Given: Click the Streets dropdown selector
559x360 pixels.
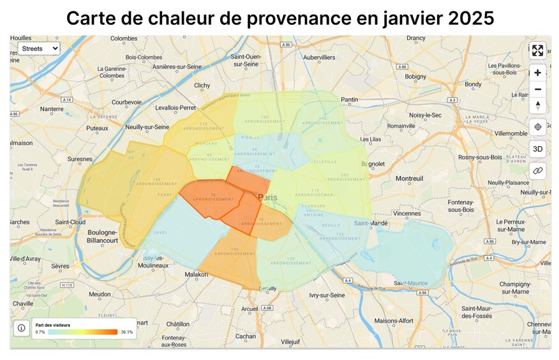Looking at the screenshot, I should [x=38, y=48].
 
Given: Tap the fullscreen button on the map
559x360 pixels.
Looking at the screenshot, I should [x=537, y=50].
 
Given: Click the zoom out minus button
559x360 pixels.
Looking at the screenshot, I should [x=537, y=89].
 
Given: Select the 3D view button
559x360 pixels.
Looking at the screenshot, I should [x=537, y=149].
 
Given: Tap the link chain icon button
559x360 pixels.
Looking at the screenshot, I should [x=537, y=170].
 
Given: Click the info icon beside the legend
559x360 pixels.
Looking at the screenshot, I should [x=22, y=328].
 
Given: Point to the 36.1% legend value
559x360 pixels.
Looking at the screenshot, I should [x=126, y=332].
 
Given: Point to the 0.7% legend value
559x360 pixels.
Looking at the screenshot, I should [x=40, y=332].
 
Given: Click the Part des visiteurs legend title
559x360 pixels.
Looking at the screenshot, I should [x=53, y=325].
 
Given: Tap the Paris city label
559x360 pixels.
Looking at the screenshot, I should [x=268, y=197].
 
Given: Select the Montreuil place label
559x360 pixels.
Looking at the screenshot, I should [x=409, y=179].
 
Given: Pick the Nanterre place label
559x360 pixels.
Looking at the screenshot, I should [x=52, y=109].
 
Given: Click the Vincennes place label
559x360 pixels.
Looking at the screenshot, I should [x=407, y=213].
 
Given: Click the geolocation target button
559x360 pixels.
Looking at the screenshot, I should [x=537, y=127].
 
